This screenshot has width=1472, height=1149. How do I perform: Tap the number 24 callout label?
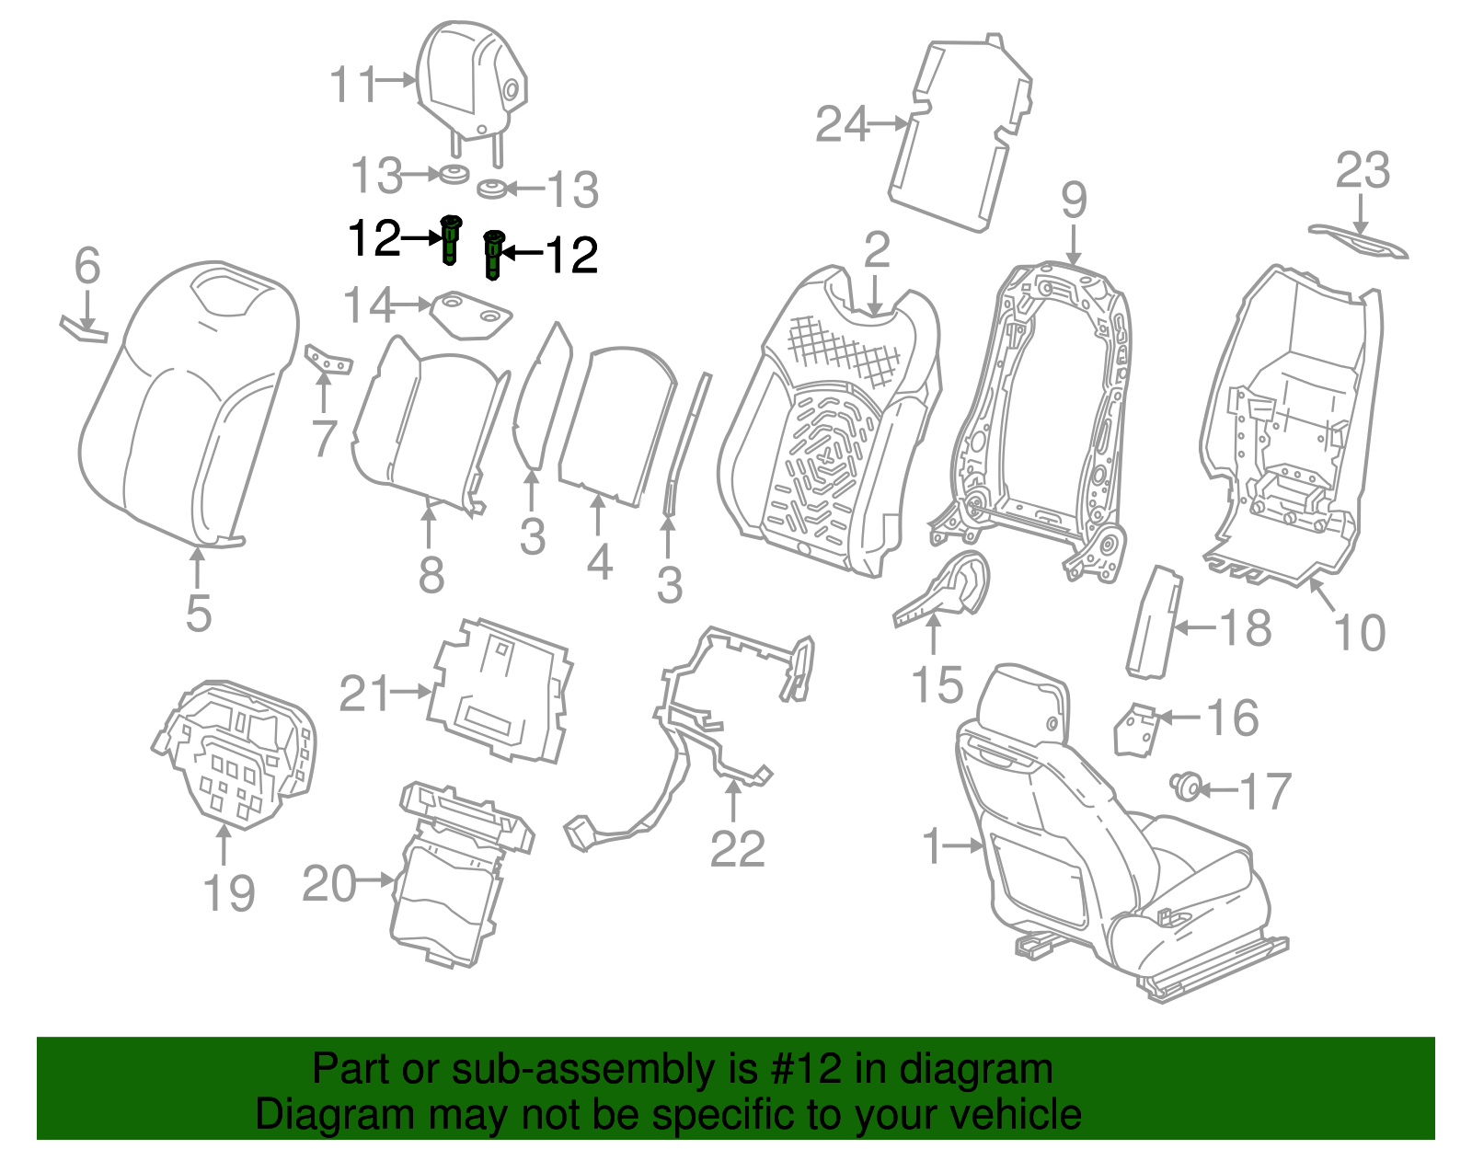coord(842,124)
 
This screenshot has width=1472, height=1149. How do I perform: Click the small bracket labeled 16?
coord(1135,729)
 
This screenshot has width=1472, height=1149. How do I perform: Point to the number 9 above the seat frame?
coord(1074,201)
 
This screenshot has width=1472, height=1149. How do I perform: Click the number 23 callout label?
coord(1363,171)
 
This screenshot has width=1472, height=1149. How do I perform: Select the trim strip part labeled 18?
coord(1154,623)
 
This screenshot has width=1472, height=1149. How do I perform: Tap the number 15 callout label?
coord(937,685)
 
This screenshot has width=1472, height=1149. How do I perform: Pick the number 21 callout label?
coord(365,695)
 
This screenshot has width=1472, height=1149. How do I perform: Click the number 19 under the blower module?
coord(228,893)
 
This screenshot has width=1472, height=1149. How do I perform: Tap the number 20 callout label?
coord(329,884)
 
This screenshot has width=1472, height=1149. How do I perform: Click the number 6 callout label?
coord(86,267)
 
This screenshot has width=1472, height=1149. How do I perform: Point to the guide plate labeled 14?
coord(471,314)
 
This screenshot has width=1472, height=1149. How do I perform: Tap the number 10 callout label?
coord(1359,633)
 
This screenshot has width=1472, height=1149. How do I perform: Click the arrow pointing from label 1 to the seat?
coord(965,845)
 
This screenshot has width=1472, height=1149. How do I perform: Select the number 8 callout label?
coord(431,576)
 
